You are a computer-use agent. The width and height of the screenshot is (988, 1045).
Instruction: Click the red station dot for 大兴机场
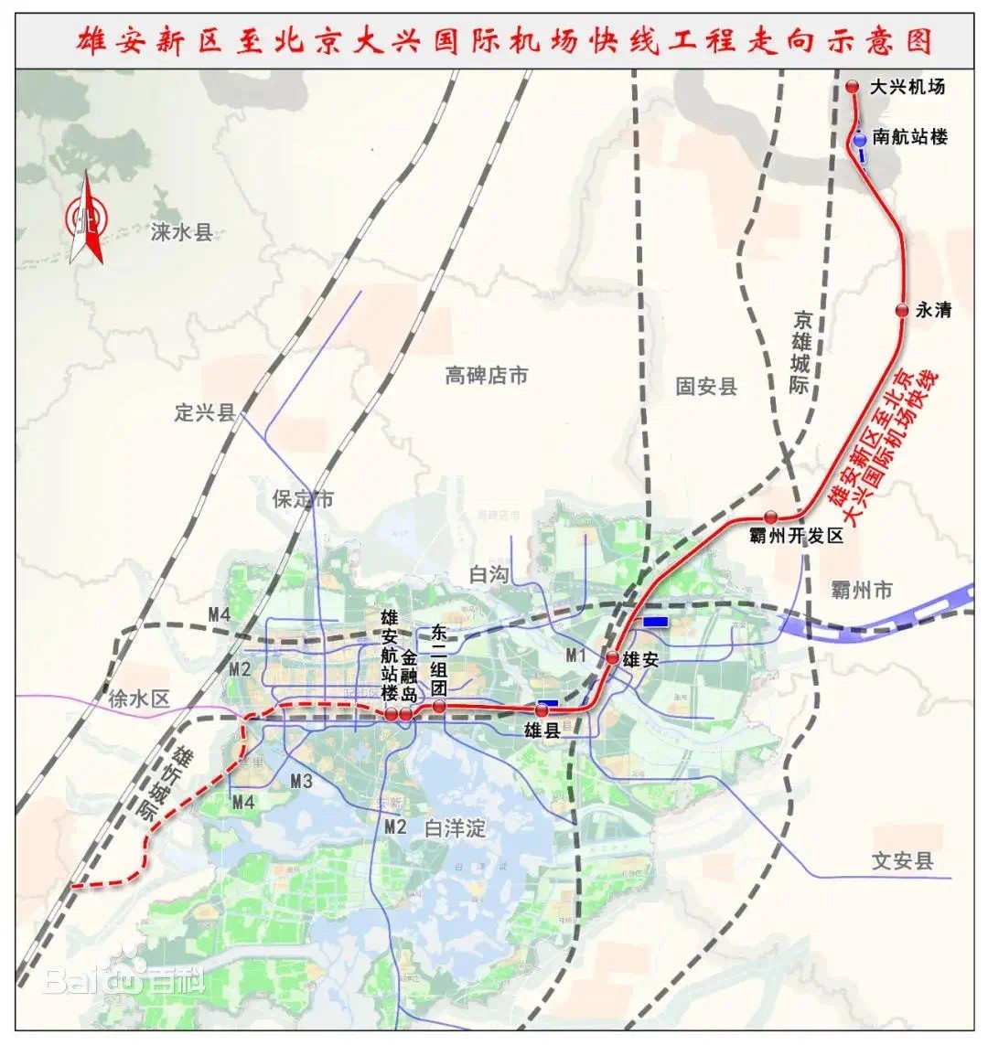tap(853, 87)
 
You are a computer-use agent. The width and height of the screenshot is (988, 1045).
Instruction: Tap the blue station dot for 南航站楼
tap(860, 140)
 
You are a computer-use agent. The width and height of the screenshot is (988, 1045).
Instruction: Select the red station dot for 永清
tap(902, 311)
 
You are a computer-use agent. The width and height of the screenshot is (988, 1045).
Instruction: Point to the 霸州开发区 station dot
tap(771, 517)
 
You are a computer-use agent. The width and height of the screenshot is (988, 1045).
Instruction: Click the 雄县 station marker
tap(542, 710)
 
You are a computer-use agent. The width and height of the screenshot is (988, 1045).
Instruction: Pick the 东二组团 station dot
tap(439, 707)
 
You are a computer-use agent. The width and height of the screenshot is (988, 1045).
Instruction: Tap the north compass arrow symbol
tap(86, 219)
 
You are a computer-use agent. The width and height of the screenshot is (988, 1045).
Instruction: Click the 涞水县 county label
tap(181, 232)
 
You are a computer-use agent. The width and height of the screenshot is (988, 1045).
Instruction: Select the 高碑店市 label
tap(487, 375)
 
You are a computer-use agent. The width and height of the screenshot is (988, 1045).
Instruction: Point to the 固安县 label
tap(706, 387)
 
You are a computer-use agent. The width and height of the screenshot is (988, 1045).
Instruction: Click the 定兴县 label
tap(204, 412)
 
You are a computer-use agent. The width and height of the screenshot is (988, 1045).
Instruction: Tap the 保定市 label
tap(303, 499)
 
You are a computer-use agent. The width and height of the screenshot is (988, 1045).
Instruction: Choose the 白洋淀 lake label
tap(455, 829)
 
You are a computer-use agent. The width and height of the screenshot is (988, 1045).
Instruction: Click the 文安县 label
tap(903, 860)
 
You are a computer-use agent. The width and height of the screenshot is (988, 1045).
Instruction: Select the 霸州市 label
tap(862, 591)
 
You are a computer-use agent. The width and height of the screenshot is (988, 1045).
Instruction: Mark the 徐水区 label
tap(139, 699)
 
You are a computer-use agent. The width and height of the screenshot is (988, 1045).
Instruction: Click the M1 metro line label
tap(575, 655)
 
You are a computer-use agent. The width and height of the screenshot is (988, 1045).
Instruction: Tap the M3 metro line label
tap(302, 781)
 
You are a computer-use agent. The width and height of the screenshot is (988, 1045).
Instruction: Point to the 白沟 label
tap(488, 575)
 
